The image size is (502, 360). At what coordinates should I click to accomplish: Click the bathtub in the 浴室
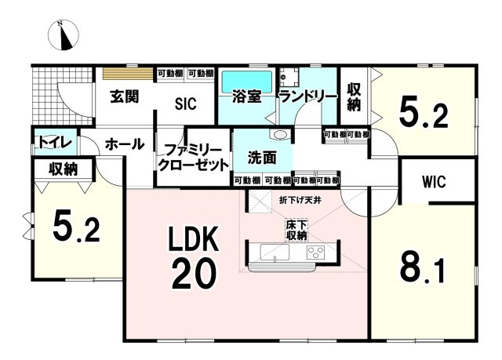pyautogui.click(x=246, y=81)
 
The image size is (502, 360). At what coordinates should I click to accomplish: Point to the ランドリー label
pyautogui.click(x=307, y=97)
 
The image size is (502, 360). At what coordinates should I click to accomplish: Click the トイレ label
pyautogui.click(x=54, y=142)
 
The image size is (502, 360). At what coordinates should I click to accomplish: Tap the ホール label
pyautogui.click(x=124, y=144)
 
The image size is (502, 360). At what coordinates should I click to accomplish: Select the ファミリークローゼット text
pyautogui.click(x=193, y=157)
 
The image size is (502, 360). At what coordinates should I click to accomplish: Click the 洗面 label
pyautogui.click(x=261, y=157)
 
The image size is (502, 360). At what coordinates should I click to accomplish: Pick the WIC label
pyautogui.click(x=433, y=182)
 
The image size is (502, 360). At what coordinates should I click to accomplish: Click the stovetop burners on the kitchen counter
pyautogui.click(x=315, y=252)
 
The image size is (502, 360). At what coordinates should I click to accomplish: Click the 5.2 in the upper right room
pyautogui.click(x=424, y=115)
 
